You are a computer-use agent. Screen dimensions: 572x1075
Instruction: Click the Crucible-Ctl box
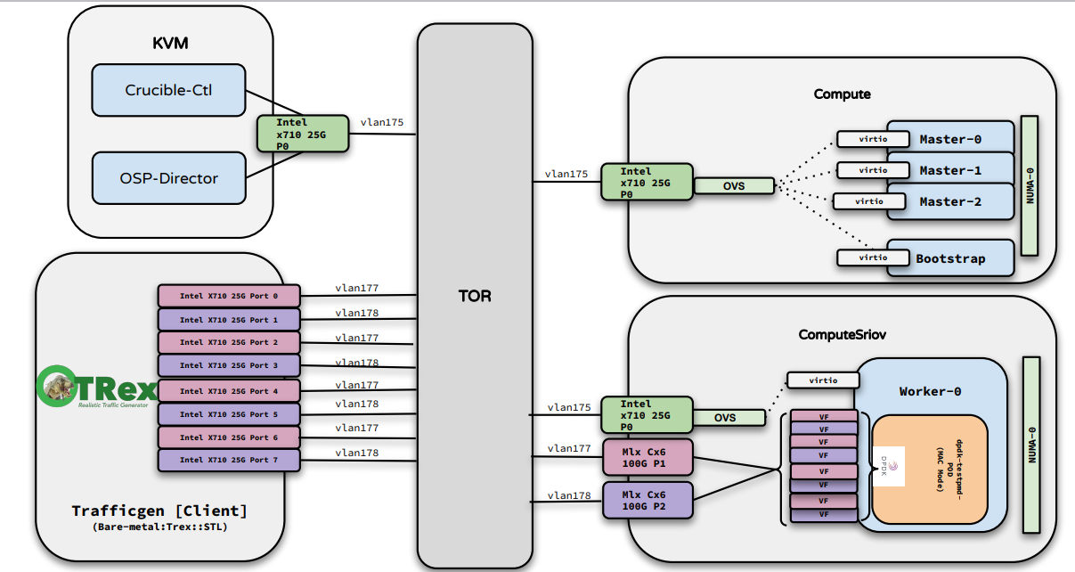[168, 90]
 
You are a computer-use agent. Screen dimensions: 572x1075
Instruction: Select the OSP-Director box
[168, 177]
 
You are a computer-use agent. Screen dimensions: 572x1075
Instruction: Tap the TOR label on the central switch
[475, 296]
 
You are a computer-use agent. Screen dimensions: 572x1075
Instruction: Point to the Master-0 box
[950, 139]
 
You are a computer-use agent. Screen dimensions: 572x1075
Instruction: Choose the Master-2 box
[950, 201]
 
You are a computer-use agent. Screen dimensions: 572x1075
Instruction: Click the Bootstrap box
[950, 258]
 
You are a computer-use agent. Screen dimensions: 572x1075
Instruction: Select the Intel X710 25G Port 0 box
[229, 295]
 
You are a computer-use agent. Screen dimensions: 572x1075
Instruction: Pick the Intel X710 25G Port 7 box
[229, 461]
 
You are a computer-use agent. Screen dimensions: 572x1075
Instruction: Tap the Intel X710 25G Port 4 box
[229, 390]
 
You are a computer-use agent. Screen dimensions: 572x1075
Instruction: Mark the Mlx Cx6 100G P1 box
[647, 457]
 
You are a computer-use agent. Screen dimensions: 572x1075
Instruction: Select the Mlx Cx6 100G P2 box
[647, 500]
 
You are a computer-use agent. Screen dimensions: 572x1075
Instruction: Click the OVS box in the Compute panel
[735, 186]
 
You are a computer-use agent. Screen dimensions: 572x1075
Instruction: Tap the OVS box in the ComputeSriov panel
[724, 417]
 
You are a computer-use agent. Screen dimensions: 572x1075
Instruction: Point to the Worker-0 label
[930, 391]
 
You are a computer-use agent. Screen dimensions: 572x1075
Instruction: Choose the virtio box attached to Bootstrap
[862, 257]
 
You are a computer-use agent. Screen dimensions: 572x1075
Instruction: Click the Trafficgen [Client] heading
[159, 511]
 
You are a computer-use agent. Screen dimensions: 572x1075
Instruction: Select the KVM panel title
[170, 43]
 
